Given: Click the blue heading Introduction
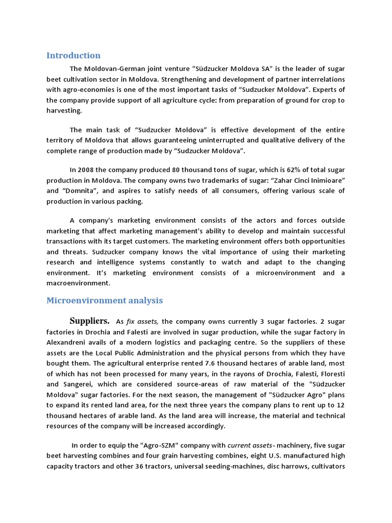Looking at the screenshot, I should [73, 56].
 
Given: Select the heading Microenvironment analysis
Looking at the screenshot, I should [105, 300].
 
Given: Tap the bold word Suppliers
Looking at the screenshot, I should [89, 321].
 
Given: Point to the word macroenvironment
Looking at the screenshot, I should [78, 283].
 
